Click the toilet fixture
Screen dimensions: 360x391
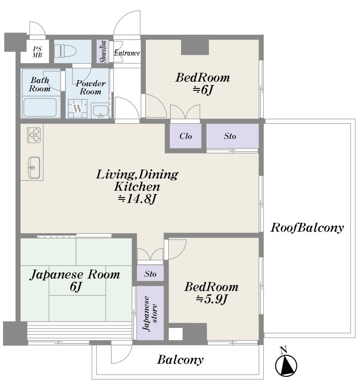[x=65, y=51]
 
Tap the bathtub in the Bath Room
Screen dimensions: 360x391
[x=40, y=107]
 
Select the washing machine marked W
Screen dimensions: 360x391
[x=78, y=109]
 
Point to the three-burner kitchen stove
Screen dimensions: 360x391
[x=34, y=135]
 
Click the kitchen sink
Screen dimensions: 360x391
[x=34, y=167]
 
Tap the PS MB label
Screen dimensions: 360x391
[x=37, y=52]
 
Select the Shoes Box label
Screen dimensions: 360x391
[x=103, y=51]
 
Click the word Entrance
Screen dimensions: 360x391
[x=127, y=53]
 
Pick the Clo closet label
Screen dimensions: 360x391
[x=185, y=136]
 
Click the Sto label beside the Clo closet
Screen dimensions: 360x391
[x=230, y=136]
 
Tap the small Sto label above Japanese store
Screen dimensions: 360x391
[x=150, y=274]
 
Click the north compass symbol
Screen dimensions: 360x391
[x=286, y=363]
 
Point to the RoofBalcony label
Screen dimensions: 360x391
[x=307, y=227]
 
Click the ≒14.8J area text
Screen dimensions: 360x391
[x=137, y=199]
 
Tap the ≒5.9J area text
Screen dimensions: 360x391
[x=212, y=299]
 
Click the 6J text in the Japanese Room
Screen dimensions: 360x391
[x=76, y=286]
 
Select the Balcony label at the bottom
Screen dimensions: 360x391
[x=180, y=360]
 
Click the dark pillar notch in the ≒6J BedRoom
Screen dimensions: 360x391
[x=195, y=47]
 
